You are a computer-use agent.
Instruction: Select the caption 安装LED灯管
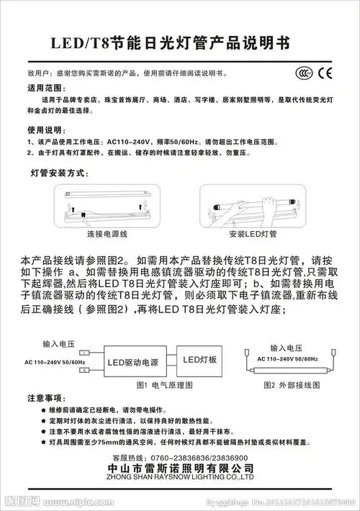[x=253, y=235]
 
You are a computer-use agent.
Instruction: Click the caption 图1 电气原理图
[x=164, y=384]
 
